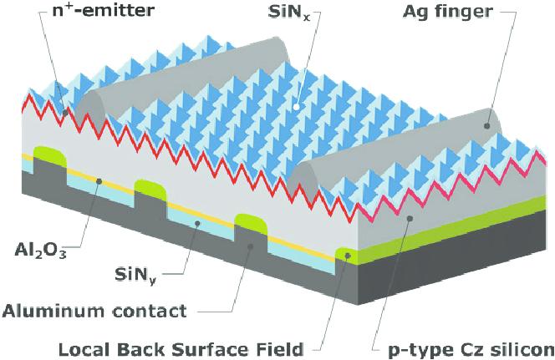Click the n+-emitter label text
click(103, 10)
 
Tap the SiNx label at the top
click(289, 12)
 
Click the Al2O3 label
click(40, 251)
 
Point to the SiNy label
click(135, 275)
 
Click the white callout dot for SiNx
click(297, 106)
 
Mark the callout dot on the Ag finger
click(487, 125)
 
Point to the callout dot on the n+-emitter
click(65, 113)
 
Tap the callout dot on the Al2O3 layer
click(99, 181)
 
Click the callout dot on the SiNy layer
click(197, 223)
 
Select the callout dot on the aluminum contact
click(250, 246)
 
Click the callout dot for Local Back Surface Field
click(348, 256)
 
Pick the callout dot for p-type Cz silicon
click(410, 218)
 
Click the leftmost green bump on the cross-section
click(50, 156)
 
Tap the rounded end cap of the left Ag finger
click(91, 107)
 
